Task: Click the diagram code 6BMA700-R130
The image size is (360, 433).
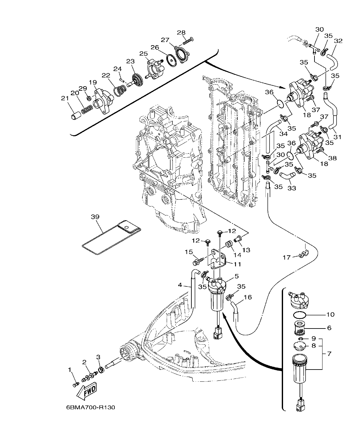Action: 90,408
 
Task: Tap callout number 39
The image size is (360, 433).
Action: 95,217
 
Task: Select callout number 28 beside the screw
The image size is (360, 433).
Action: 181,32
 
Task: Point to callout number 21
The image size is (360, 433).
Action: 65,98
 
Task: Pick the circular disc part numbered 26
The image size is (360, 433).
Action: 172,60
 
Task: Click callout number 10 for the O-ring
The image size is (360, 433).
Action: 330,314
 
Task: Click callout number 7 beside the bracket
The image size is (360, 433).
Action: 329,354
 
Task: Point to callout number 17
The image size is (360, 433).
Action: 287,257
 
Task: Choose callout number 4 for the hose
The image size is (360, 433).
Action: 180,285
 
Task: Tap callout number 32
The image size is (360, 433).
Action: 338,41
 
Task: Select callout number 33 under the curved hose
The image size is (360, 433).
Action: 291,188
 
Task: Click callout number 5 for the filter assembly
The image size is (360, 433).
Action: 236,276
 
